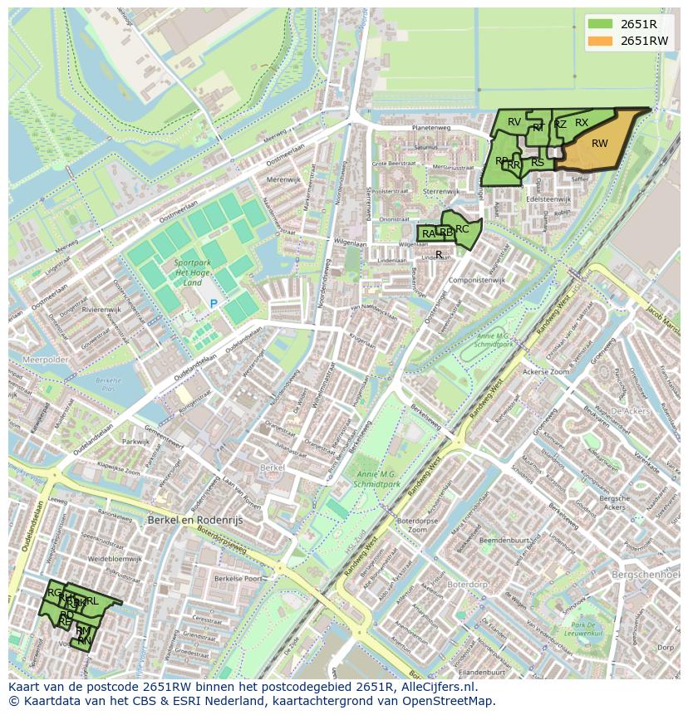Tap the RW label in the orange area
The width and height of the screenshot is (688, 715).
tap(599, 144)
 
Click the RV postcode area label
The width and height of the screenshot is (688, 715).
tap(514, 122)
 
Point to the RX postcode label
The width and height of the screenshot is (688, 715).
tap(582, 123)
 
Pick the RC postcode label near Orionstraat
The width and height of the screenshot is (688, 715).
tap(463, 229)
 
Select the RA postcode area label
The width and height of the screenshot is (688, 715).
tap(428, 234)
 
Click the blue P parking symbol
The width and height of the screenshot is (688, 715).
tap(214, 304)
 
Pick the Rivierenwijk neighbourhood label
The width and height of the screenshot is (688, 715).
tap(102, 309)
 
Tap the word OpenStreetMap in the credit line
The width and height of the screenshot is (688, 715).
tap(446, 701)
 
